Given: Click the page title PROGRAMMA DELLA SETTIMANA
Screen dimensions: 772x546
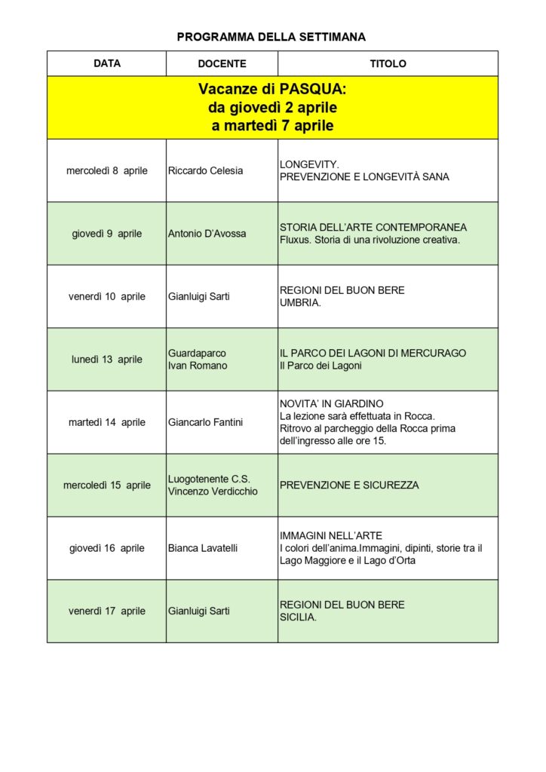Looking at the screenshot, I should point(271,36).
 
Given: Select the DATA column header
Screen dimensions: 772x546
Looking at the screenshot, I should point(107,63).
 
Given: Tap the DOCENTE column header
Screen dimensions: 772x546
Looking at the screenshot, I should point(222,64).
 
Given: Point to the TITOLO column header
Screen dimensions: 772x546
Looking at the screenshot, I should point(388,64).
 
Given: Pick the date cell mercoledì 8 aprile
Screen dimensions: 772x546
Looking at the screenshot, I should point(107,170).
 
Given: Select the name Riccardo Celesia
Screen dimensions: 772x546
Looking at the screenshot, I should point(205,170).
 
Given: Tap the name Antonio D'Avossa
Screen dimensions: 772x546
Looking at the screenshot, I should point(207,234).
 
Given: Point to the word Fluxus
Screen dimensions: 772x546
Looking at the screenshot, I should point(295,240).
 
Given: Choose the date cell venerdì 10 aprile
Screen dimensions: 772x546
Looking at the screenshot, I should point(107,296).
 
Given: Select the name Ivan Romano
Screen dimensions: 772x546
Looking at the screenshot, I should point(198,366).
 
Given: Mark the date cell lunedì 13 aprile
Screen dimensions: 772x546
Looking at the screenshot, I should point(107,360).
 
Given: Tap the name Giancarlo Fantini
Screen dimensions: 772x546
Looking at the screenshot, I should point(206,422).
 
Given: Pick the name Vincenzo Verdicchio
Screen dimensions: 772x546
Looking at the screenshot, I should point(213,492).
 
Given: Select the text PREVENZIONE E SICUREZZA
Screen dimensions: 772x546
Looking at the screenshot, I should point(349,486).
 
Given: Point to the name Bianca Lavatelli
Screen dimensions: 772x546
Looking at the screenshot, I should point(203,548).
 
